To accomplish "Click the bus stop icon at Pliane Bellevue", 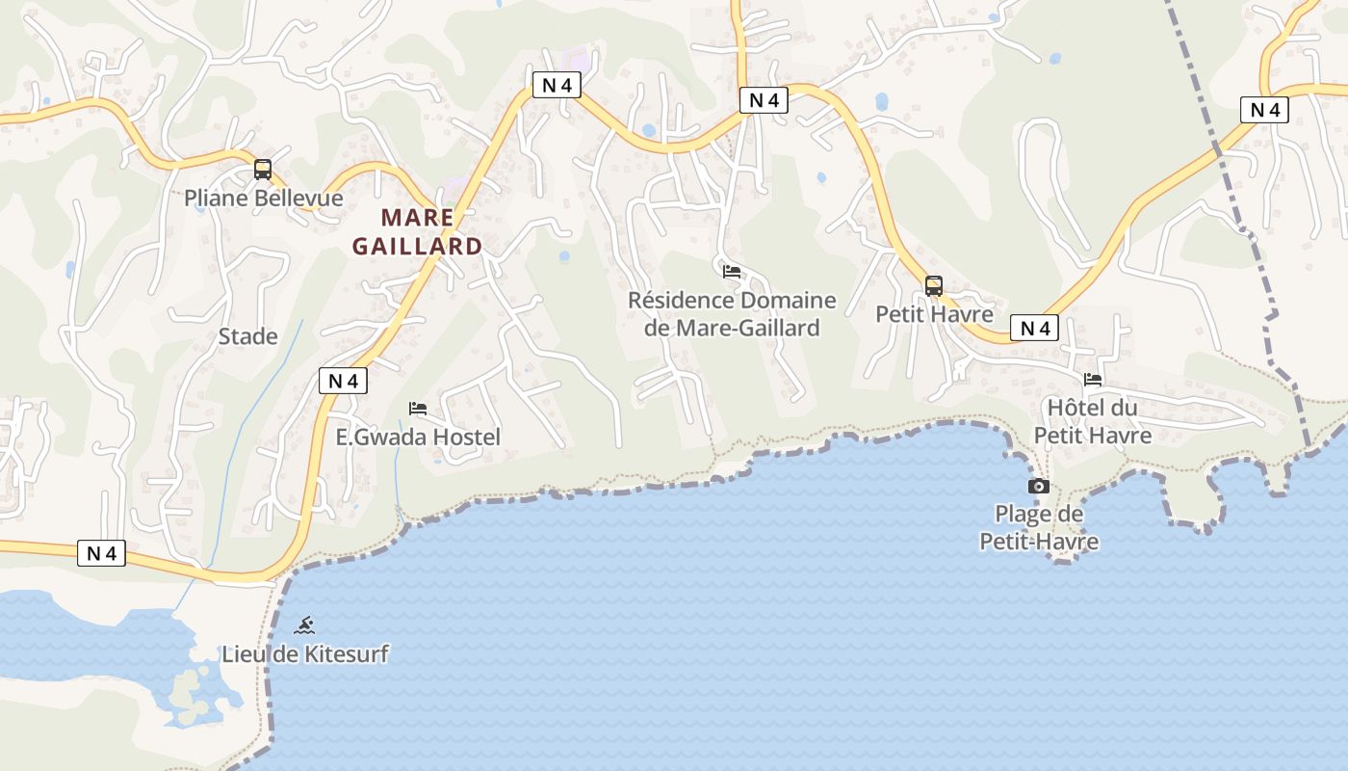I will coord(262,170).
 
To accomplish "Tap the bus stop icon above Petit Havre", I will coord(933,286).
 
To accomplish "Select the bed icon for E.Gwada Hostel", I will coord(417,409).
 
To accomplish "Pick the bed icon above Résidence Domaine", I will coord(732,272).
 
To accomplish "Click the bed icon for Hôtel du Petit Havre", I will coord(1092,380).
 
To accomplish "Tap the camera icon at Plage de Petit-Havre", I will coord(1038,486).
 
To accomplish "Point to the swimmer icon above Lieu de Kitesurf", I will coord(304,625).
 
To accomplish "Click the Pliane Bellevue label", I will coord(264,199).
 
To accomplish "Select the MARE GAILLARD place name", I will coord(417,231).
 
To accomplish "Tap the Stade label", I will coord(247,336).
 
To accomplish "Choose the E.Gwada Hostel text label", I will coord(418,438).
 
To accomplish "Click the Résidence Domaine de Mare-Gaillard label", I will coord(732,314).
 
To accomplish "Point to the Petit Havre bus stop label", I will coord(934,314).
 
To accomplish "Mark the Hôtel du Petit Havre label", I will coord(1092,421).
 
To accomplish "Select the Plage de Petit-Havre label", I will coord(1039,528).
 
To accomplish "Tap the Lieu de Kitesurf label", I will coord(305,654).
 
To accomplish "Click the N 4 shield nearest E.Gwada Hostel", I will coord(343,381).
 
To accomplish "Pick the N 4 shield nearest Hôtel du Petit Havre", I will coord(1034,328).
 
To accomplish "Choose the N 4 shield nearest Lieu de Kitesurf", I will coord(101,553).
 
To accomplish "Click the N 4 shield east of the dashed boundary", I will coord(1264,110).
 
